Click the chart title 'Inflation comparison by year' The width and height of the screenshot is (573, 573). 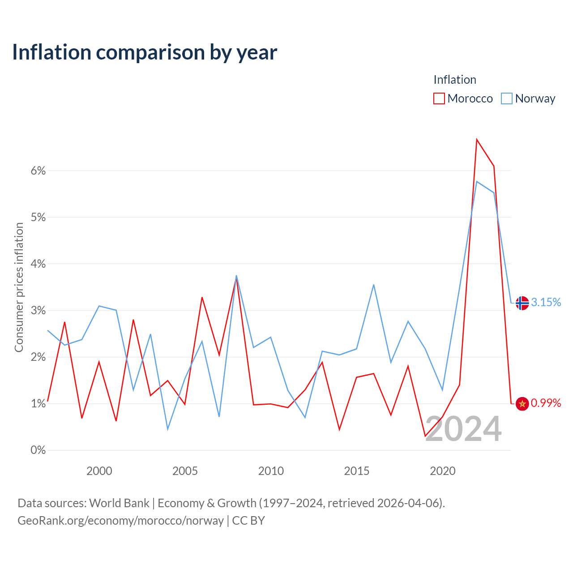coord(145,52)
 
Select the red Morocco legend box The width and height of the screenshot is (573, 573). coord(439,98)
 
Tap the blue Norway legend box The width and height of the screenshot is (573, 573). coord(506,98)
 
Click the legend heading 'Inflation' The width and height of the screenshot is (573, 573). coord(455,80)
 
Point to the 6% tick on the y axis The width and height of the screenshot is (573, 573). coord(38,171)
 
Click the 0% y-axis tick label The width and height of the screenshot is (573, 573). coord(38,450)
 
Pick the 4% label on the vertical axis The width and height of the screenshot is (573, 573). coord(38,264)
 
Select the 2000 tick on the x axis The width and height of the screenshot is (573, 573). coord(99,471)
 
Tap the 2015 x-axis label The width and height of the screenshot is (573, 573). coord(356,471)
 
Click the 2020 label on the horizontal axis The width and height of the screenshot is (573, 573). coord(442,471)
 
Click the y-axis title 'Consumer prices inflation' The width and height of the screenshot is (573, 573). coord(19,287)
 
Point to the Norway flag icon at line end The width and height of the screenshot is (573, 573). coord(522,303)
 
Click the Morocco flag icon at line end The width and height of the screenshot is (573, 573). coord(522,403)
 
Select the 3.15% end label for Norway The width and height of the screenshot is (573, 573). coord(546,303)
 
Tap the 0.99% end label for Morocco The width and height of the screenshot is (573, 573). coord(546,403)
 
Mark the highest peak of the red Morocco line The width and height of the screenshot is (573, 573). coord(477,139)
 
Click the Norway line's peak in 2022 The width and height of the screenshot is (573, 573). coord(477,181)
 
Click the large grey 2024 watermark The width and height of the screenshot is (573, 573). coord(464,428)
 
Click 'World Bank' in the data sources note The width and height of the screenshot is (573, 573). coord(119,503)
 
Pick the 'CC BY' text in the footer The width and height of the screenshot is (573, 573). coord(248,521)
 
